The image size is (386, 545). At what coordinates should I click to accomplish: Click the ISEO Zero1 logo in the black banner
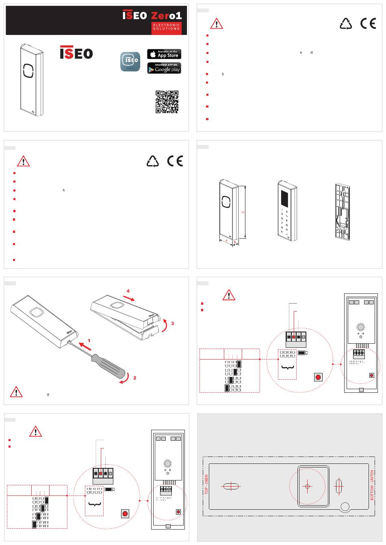point(152,15)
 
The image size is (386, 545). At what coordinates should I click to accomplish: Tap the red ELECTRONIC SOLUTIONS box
point(166,27)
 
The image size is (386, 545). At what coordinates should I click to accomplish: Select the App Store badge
point(164,54)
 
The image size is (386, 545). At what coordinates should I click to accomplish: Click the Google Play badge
point(164,68)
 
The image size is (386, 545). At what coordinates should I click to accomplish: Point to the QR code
point(167,101)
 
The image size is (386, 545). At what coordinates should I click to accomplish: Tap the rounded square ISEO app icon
point(130,62)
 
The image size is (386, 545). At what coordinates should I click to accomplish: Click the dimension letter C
point(243,211)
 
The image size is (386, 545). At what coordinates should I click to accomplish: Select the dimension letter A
point(226,241)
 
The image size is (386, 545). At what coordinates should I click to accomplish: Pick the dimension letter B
point(234,242)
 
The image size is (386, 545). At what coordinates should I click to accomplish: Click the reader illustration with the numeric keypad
point(287,211)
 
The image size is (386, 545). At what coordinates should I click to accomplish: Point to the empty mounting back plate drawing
point(342,212)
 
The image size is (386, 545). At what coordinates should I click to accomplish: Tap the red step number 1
point(89,340)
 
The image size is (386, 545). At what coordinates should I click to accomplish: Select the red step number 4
point(128,291)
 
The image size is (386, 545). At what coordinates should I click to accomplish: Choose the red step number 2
point(135,378)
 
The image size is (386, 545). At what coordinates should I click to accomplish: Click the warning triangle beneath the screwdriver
point(16,392)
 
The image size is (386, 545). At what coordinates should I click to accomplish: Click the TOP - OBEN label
point(206,484)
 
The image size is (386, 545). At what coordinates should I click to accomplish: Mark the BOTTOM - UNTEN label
point(372,485)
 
